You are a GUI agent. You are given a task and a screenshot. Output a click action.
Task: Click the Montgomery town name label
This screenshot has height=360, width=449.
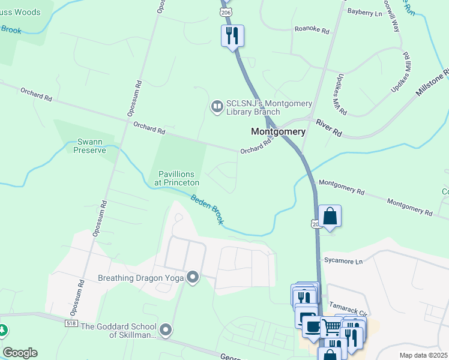tap(278, 131)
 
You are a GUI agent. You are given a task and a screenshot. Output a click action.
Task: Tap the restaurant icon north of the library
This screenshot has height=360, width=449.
tap(232, 35)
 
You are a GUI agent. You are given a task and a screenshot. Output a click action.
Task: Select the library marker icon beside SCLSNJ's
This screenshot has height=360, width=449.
tap(216, 107)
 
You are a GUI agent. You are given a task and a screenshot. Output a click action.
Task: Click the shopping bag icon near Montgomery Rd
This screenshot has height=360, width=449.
tap(330, 216)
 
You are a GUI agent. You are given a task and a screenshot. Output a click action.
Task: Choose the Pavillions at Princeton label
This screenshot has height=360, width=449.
tap(178, 178)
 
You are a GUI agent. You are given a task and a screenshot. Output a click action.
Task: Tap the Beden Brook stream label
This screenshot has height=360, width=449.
tap(208, 210)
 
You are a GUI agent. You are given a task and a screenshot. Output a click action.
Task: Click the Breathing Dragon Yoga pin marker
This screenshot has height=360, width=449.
tap(193, 277)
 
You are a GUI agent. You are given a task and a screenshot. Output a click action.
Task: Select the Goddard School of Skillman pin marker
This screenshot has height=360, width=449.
tap(166, 330)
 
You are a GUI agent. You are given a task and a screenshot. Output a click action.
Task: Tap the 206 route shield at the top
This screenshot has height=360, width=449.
tap(225, 12)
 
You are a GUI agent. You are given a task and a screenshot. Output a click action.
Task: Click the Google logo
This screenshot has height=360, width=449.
tap(20, 353)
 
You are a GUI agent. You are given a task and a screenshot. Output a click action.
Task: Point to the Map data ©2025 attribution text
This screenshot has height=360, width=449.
tap(423, 355)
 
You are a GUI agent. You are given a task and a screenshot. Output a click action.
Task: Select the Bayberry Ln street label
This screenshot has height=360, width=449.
tap(365, 13)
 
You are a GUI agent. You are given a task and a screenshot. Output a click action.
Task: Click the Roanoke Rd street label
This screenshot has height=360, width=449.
tap(312, 29)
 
